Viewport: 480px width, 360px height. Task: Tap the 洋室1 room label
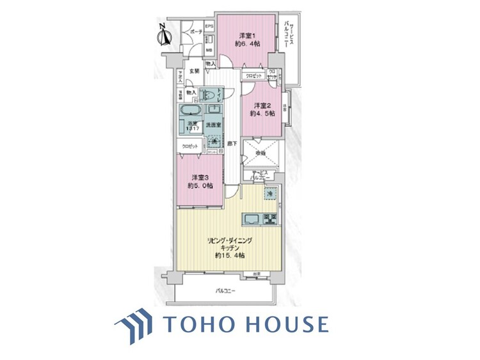point(248,35)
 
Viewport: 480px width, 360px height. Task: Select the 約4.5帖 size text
point(263,113)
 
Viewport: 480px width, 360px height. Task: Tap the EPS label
point(209,27)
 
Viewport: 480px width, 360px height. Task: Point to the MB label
point(209,49)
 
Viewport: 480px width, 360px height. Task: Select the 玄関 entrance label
point(195,70)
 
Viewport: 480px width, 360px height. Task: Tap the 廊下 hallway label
point(231,144)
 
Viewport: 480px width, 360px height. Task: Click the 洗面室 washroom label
point(212,124)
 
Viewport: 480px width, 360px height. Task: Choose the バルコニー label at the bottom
point(225,291)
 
